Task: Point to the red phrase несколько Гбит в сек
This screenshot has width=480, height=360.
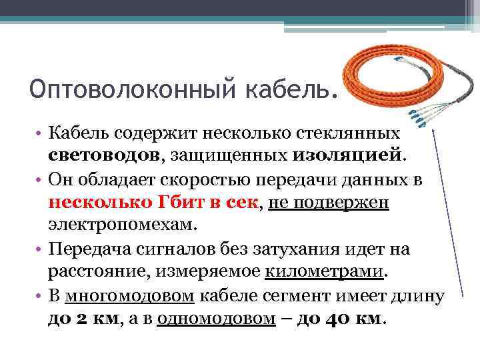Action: coord(153,203)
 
